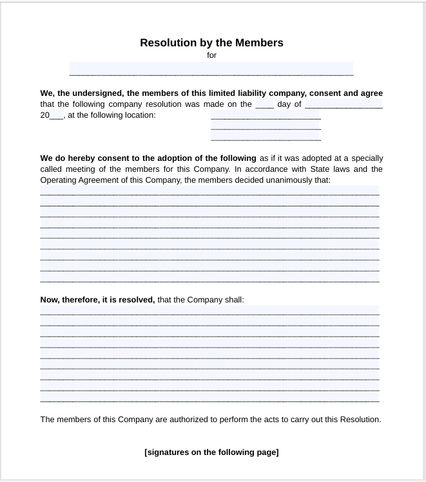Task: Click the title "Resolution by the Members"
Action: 211,43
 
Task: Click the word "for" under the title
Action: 211,55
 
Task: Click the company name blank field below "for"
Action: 211,69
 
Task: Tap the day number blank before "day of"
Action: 264,104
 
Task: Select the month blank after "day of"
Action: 344,104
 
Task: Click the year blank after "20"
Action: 57,115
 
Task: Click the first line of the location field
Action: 266,115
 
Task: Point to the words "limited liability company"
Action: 256,93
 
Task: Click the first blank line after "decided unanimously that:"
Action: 209,190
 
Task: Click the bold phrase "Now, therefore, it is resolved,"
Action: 97,300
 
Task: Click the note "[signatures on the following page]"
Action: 211,452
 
